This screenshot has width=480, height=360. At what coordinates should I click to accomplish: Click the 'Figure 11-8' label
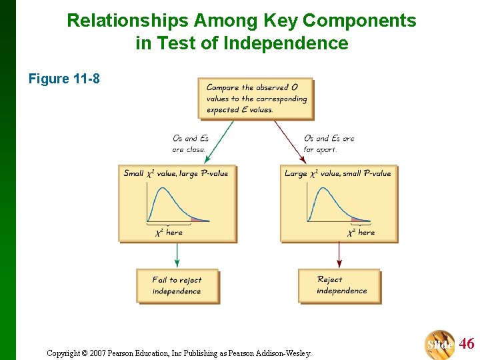64,79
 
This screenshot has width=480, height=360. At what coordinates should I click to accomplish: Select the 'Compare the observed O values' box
256,99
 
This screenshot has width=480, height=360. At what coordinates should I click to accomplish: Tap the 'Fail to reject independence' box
177,285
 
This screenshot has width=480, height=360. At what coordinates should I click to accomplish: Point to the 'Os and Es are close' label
190,144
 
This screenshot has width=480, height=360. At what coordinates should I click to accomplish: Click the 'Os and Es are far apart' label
329,144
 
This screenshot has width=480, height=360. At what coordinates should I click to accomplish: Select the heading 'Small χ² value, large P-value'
176,173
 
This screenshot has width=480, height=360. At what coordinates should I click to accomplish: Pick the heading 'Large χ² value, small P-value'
338,173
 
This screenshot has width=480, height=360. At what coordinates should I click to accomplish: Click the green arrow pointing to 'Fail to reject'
177,255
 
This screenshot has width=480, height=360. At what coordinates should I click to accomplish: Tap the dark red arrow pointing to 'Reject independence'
339,255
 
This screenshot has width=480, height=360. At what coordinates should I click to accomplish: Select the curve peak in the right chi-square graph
321,189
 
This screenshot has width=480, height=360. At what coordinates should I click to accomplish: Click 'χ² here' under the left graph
169,232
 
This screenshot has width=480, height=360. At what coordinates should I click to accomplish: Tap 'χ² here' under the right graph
361,232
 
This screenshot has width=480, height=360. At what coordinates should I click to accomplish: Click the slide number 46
467,344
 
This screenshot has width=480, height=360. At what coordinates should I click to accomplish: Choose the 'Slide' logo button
440,344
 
